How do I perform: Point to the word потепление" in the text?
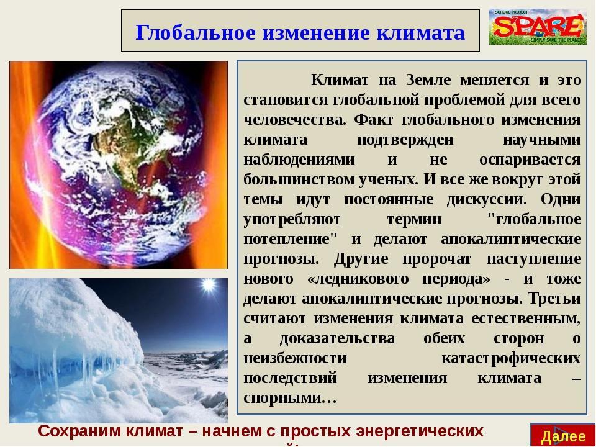point(282,239)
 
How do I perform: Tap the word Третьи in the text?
point(554,298)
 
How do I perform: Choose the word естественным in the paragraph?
point(531,318)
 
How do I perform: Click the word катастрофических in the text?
point(511,358)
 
